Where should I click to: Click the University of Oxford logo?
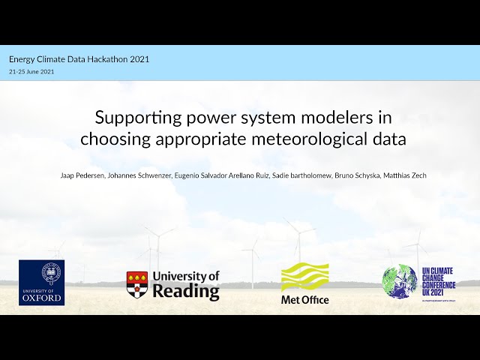[x=41, y=283]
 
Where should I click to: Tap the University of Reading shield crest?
[x=136, y=286]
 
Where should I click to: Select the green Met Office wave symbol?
[x=304, y=277]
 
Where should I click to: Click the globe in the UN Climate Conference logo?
[x=400, y=283]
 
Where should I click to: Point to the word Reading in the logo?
[x=185, y=291]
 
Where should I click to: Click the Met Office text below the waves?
[x=304, y=300]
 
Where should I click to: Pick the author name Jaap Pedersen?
[x=81, y=175]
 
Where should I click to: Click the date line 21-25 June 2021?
[x=31, y=71]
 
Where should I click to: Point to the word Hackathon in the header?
[x=107, y=58]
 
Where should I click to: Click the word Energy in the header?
[x=22, y=58]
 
